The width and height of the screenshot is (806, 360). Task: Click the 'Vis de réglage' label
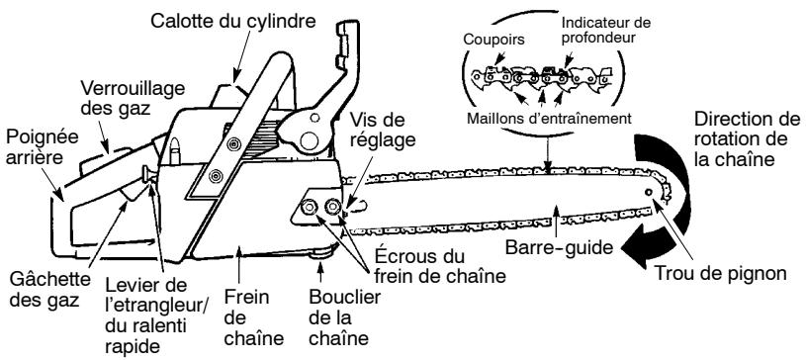tap(377, 132)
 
